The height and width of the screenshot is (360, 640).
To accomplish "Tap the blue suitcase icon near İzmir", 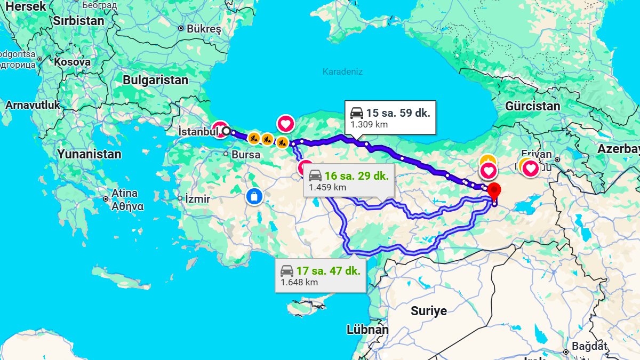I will click(x=254, y=196).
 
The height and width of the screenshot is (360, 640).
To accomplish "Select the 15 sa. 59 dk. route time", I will click(x=398, y=113).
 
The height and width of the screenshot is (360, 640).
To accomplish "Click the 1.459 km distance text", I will click(x=327, y=187).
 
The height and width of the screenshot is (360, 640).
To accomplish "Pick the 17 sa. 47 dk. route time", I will click(x=329, y=270).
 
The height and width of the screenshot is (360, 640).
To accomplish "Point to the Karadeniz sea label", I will click(x=342, y=71).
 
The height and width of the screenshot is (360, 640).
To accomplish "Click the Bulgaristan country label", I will click(x=155, y=81).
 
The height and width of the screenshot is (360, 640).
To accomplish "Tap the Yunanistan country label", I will click(x=89, y=155).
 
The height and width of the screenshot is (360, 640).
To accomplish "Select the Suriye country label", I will click(x=428, y=311).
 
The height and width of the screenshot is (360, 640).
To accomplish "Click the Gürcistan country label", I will click(x=532, y=106).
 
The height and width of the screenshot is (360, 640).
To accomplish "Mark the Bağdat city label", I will click(x=589, y=346).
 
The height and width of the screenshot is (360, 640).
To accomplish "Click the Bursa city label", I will click(x=246, y=155).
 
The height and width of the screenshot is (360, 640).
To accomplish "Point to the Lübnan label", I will click(x=367, y=330).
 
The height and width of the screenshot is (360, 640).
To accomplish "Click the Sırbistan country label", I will click(x=78, y=21).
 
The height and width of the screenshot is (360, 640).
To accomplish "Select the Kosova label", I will click(x=72, y=62).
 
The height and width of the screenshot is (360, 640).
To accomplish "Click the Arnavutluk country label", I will click(x=33, y=105).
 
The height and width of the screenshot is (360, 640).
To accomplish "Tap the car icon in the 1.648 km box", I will click(x=287, y=270).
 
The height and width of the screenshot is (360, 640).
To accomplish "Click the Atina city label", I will click(x=124, y=193).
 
